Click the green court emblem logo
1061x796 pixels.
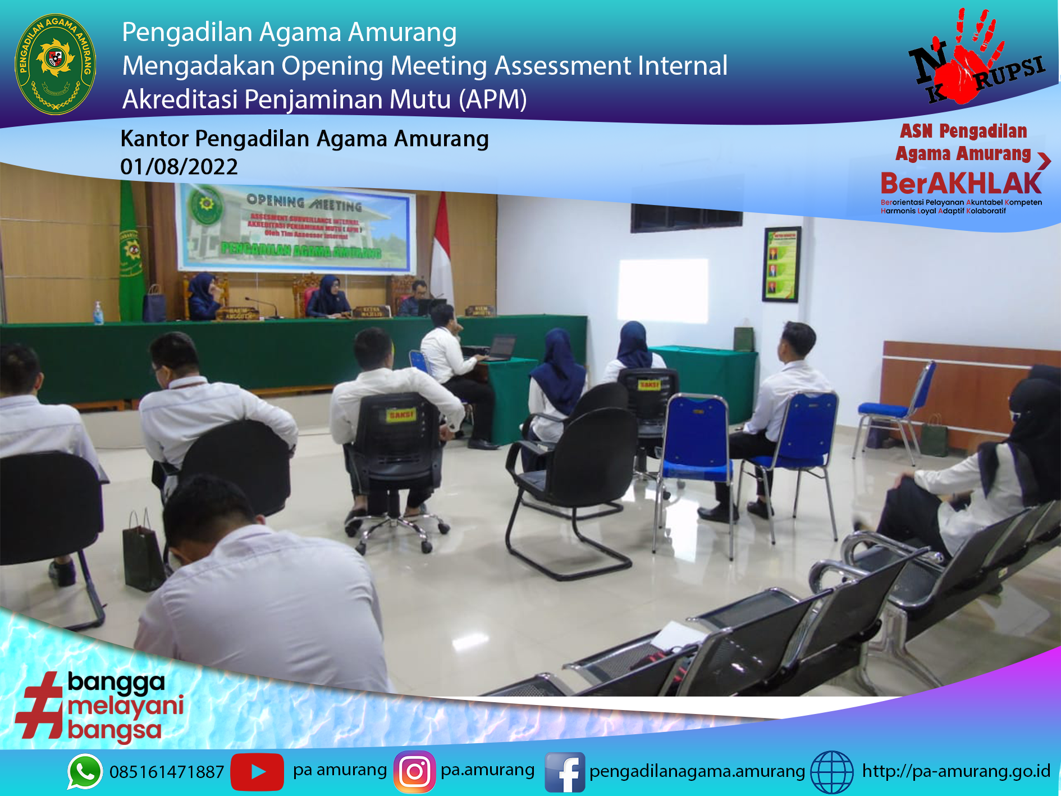[x=55, y=63]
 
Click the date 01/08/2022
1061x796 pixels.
[x=179, y=167]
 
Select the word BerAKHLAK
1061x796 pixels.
[x=961, y=184]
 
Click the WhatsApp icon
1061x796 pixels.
[x=85, y=771]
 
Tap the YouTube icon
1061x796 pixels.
[x=257, y=771]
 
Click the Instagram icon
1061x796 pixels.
[x=414, y=771]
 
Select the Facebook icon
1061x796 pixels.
[x=564, y=772]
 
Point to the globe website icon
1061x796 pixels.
[x=831, y=772]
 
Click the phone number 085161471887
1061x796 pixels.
[x=167, y=772]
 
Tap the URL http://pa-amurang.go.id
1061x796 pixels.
[x=955, y=771]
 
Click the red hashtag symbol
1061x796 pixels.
[x=40, y=706]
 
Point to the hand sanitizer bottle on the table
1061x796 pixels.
[x=99, y=313]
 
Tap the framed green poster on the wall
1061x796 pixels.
[x=781, y=264]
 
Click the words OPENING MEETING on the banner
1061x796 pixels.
[x=304, y=202]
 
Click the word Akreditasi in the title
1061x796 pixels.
[x=180, y=99]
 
